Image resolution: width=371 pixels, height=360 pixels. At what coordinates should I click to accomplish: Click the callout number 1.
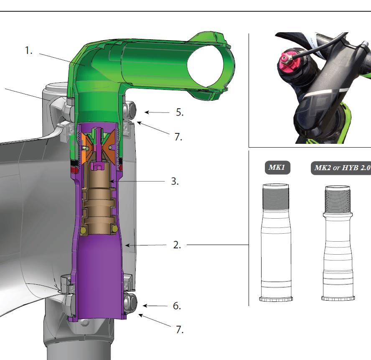coord(29,51)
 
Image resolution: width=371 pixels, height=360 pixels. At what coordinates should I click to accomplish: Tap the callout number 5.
coord(180,112)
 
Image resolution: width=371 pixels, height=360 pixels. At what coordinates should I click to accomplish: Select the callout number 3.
coord(175,181)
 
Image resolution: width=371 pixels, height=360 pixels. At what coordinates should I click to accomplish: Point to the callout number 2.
coord(177,245)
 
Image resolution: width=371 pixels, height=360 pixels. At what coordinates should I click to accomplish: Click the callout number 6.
coord(177,306)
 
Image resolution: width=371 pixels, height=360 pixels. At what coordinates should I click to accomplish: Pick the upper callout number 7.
coord(178,137)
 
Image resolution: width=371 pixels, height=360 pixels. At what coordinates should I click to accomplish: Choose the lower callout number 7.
coord(180,329)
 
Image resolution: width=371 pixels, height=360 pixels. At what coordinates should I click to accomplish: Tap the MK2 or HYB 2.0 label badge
coord(341,168)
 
